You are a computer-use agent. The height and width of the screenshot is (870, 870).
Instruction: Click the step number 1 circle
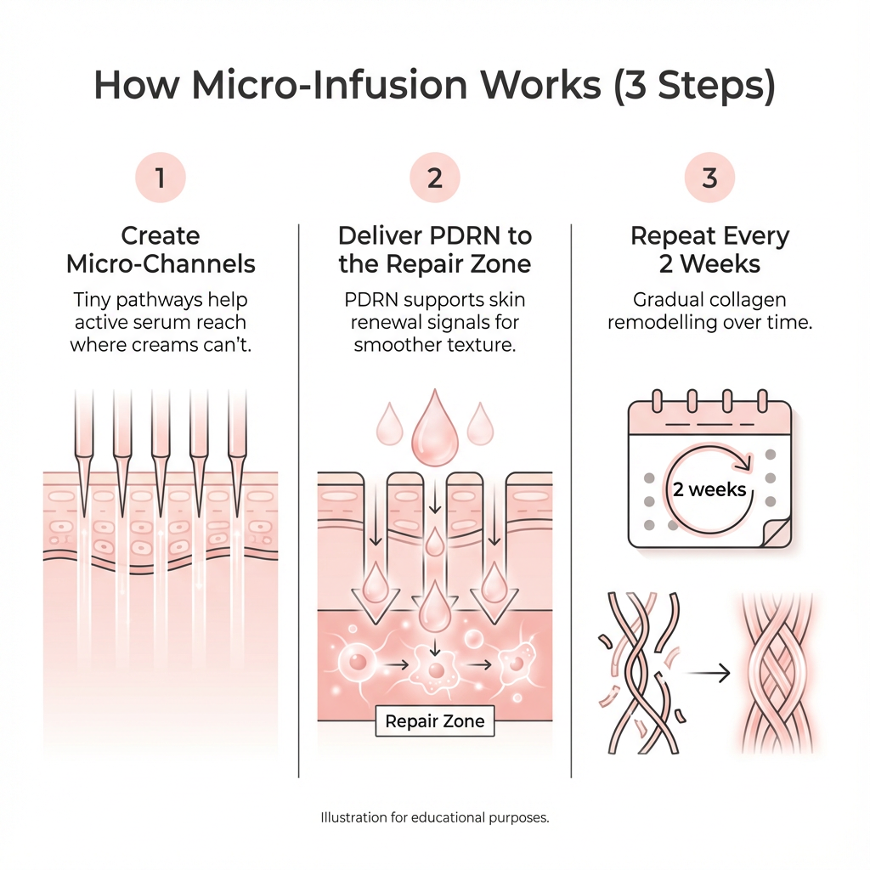coord(160,178)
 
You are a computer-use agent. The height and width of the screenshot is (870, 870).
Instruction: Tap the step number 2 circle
coord(434,178)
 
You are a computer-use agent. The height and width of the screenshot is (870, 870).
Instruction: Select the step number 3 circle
coord(709,178)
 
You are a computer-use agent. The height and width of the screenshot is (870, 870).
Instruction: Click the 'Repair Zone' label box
coord(435,721)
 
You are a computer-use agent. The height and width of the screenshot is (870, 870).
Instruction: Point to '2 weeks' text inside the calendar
coord(709,489)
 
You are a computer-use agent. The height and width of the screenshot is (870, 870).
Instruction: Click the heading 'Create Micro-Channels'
coord(161,249)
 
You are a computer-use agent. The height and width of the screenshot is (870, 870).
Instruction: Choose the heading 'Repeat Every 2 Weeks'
coord(709,249)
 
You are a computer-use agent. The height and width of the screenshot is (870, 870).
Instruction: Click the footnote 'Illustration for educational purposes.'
coord(435,818)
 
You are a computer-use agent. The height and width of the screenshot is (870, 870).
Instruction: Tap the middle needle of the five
coord(161,450)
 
